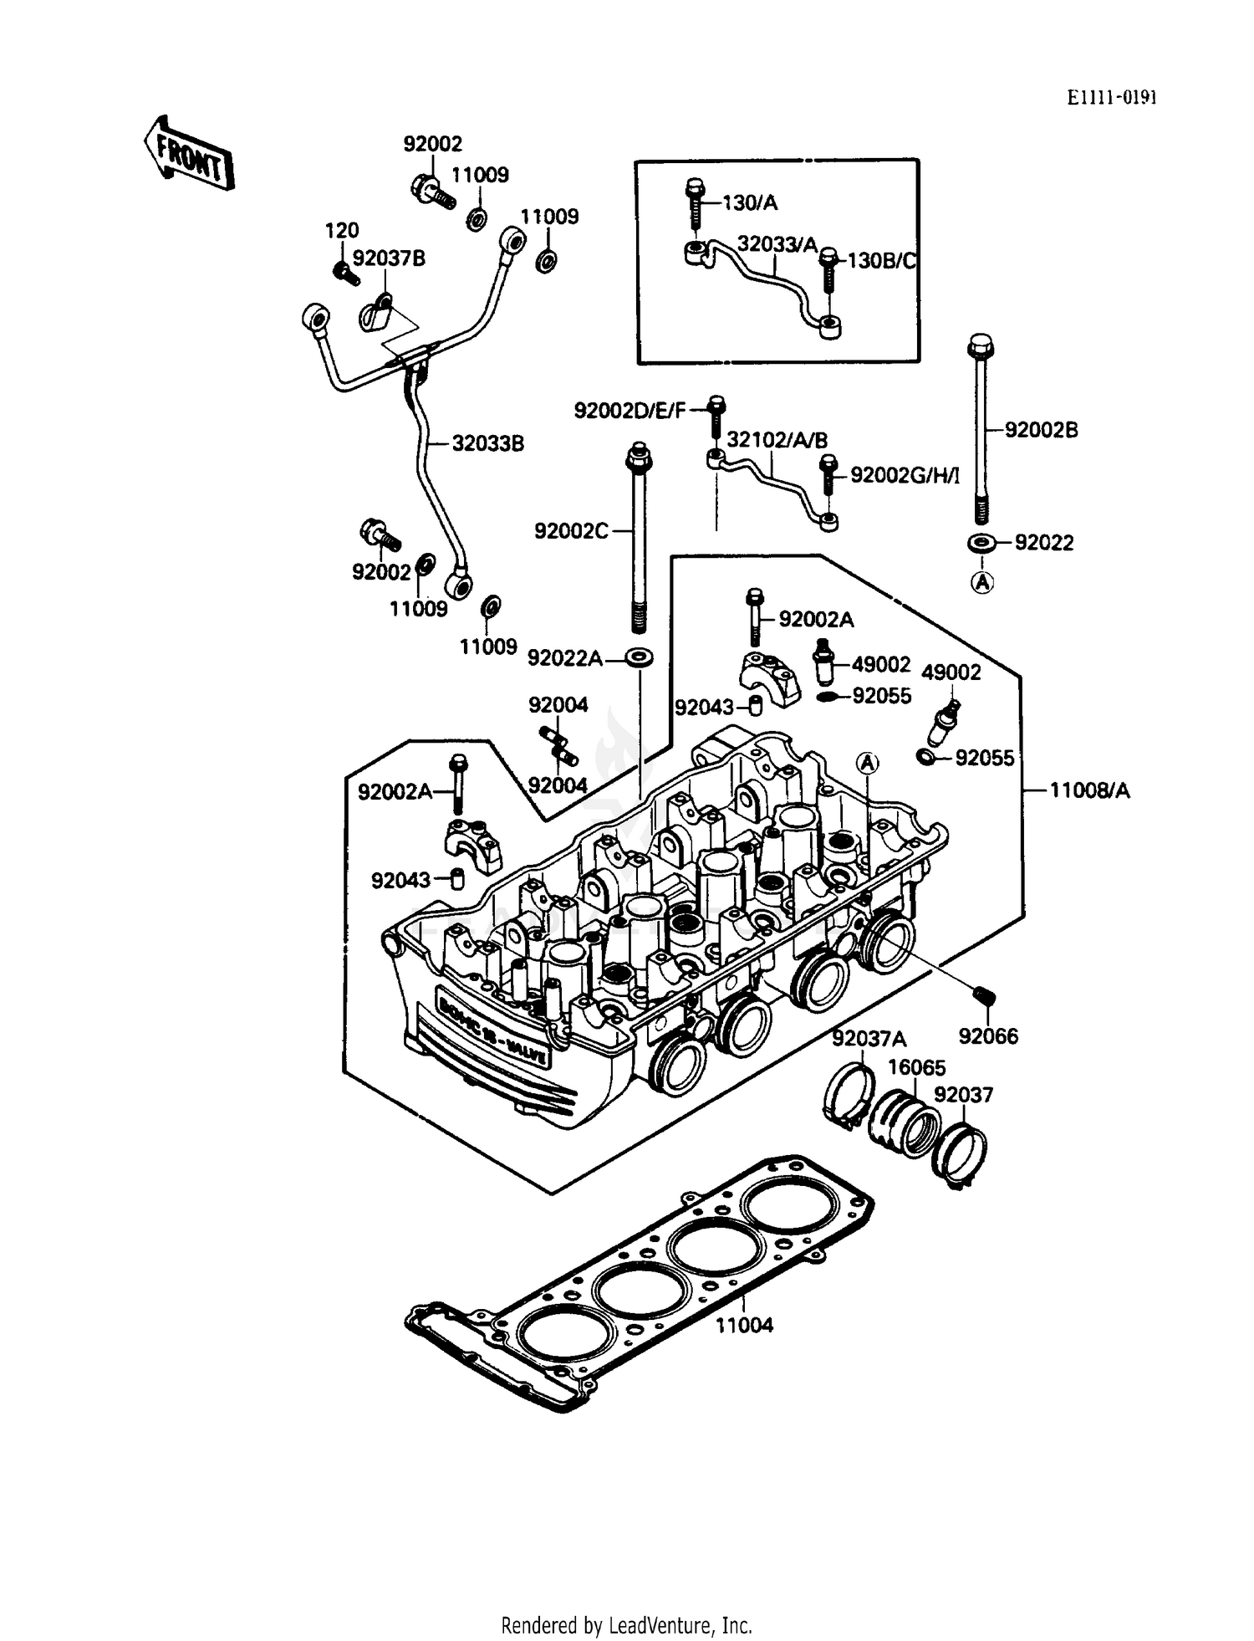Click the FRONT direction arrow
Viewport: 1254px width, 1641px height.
(189, 154)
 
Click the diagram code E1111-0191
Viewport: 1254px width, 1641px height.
(1111, 98)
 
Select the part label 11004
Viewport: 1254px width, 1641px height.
(744, 1325)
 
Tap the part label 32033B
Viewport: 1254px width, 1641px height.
(488, 443)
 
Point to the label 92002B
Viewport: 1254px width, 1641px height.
(1041, 430)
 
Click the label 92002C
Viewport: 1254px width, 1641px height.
(571, 531)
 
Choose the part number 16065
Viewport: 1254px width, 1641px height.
(916, 1068)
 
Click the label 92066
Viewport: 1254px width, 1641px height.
(988, 1036)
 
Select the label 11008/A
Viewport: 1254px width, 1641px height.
(1089, 790)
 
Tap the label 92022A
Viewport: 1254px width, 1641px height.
(564, 659)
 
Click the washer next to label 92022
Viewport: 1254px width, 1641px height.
(981, 543)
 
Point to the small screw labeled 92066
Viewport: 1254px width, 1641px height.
(983, 995)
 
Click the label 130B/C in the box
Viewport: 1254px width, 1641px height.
(882, 261)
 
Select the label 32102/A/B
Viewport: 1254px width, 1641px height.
(777, 440)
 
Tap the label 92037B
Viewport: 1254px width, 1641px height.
(389, 258)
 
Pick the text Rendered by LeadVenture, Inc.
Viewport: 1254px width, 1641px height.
(626, 1625)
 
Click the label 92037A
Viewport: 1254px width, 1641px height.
(869, 1039)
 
